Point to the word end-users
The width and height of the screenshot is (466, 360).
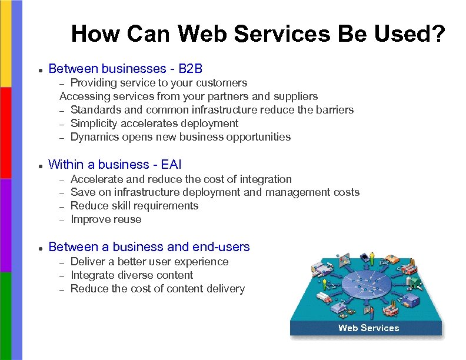(x=221, y=247)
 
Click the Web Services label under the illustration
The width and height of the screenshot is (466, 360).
(x=368, y=328)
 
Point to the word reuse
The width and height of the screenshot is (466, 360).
(x=128, y=219)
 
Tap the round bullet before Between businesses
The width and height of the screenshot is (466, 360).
(x=39, y=70)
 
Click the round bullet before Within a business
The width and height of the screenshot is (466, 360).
(x=39, y=166)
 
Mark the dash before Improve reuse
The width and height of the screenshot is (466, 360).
(x=62, y=220)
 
